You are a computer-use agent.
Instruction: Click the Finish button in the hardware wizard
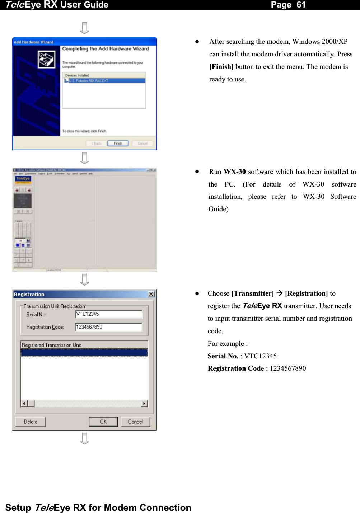click(118, 143)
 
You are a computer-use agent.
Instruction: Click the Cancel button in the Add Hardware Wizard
click(142, 143)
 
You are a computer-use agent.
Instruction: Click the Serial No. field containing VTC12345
click(109, 314)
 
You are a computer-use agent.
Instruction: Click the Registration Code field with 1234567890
click(108, 327)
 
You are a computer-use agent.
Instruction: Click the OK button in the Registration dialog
click(103, 422)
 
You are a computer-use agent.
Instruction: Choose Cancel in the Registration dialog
click(135, 422)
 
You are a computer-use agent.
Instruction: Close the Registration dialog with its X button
click(151, 294)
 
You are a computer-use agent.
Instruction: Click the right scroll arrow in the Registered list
click(144, 404)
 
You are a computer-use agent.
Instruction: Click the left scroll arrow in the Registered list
click(24, 404)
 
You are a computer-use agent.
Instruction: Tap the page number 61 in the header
click(301, 5)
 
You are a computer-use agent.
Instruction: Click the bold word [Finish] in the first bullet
click(221, 67)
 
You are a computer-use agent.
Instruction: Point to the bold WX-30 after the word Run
click(235, 172)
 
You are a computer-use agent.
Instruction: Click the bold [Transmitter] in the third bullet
click(253, 293)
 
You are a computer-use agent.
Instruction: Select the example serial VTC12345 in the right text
click(260, 356)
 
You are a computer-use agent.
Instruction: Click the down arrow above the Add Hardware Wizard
click(84, 28)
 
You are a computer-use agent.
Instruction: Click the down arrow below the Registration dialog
click(84, 438)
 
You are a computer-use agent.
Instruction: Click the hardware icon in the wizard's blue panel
click(47, 59)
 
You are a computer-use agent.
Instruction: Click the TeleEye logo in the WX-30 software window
click(23, 179)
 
